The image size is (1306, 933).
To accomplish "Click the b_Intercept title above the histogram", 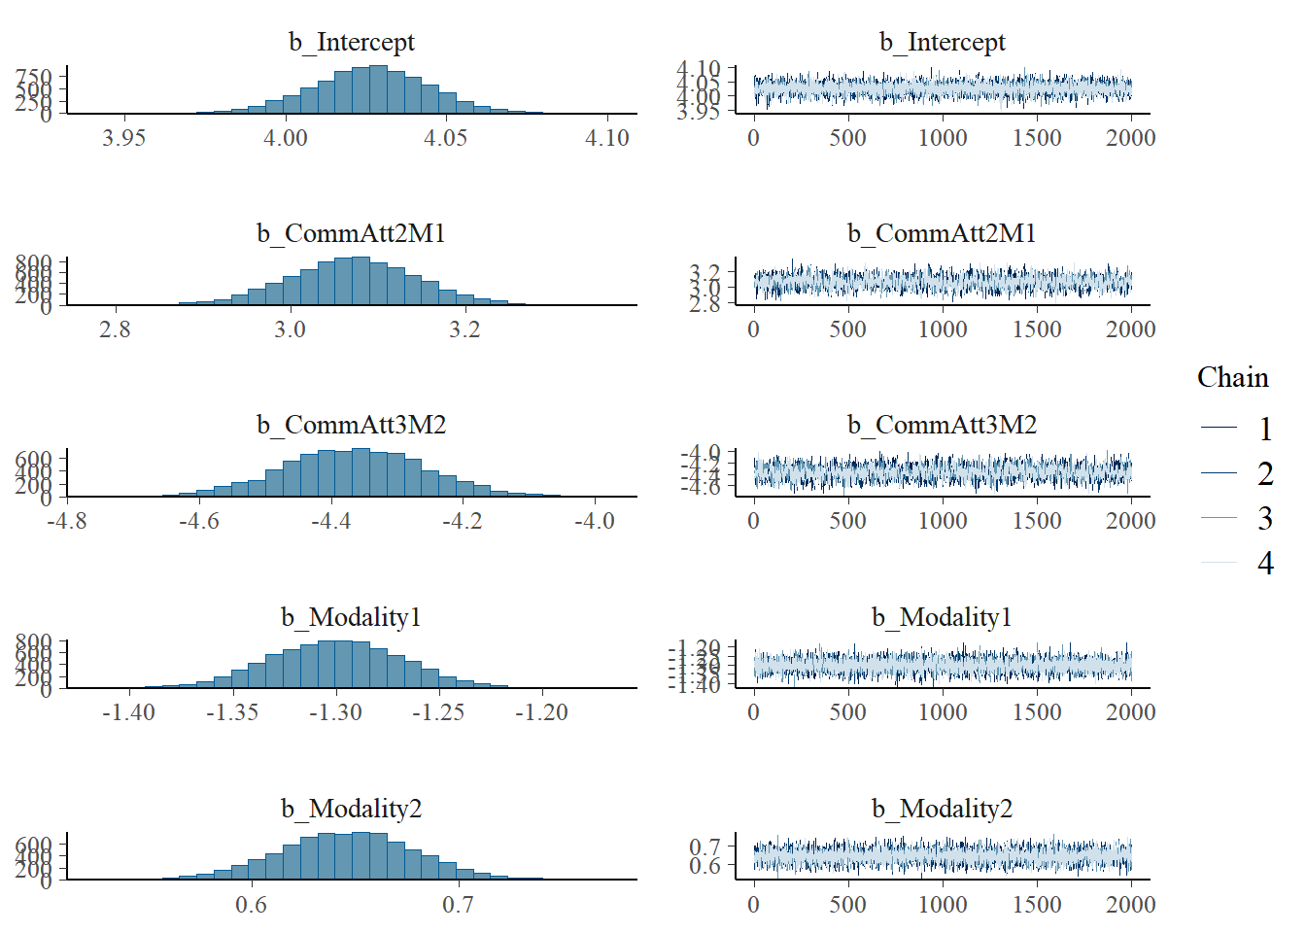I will (351, 42).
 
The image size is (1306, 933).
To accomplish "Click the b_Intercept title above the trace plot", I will (942, 42).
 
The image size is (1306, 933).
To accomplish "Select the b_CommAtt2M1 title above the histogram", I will (351, 233).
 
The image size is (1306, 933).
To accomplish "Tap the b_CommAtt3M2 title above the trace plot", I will (942, 425).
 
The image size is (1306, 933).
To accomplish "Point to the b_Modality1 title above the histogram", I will (351, 617).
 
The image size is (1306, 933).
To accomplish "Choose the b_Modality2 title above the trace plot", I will (942, 809).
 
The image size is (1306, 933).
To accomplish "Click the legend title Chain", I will (1232, 377).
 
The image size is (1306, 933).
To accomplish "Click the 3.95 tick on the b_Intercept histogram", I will (124, 138).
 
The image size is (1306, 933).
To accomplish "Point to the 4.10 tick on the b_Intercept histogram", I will (607, 138).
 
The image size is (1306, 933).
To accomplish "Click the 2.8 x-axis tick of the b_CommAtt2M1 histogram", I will (115, 329).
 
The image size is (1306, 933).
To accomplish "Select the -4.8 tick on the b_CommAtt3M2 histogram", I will (67, 521).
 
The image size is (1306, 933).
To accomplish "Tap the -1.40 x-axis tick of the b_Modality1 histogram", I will (128, 712).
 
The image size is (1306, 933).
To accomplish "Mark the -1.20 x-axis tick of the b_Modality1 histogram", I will (541, 712).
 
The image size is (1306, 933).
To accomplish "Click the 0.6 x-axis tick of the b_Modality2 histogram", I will (251, 905).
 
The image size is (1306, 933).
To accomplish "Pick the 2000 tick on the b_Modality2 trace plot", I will (1130, 905).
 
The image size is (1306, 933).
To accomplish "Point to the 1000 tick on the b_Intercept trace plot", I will (943, 138).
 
